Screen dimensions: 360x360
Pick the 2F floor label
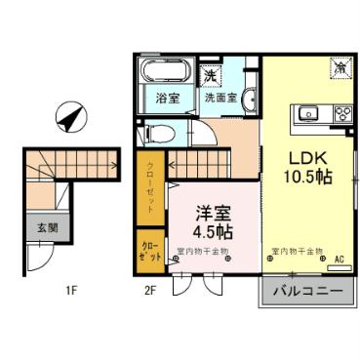149,290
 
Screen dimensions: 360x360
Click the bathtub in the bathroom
157,73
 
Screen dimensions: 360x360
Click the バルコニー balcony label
305,291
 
